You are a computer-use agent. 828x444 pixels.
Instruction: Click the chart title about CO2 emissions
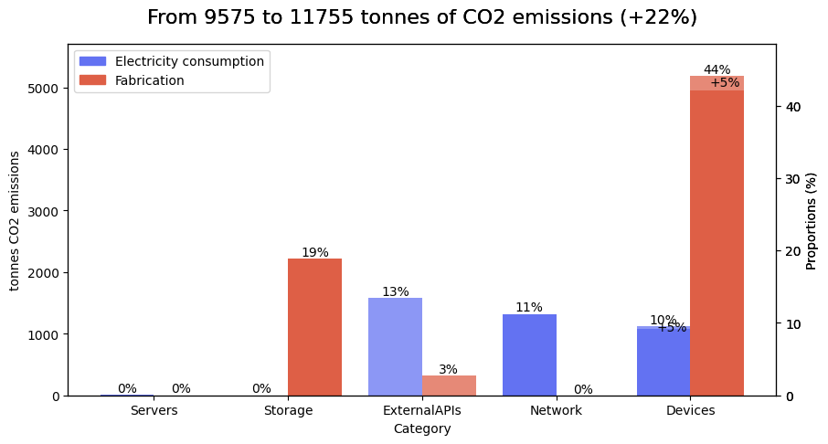pos(421,18)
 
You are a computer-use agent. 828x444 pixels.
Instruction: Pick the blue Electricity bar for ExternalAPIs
pos(395,347)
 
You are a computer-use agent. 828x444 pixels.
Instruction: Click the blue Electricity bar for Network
pos(529,355)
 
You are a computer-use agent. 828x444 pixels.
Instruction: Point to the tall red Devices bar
pos(717,238)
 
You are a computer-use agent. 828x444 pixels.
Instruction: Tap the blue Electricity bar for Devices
pos(663,362)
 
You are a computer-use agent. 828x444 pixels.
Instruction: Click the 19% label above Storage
pos(314,252)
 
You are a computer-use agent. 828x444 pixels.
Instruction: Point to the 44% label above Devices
pos(717,69)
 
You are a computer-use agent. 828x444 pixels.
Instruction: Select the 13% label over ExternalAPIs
pos(395,291)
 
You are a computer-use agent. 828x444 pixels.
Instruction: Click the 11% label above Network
pos(528,307)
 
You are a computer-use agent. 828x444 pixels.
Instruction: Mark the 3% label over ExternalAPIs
pos(448,369)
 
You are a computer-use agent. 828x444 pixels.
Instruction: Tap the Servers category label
pos(154,411)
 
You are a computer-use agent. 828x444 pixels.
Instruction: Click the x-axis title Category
pos(421,428)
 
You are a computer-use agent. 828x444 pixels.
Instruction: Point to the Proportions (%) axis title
pos(812,220)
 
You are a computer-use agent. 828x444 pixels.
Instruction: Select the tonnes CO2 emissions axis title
pos(15,220)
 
